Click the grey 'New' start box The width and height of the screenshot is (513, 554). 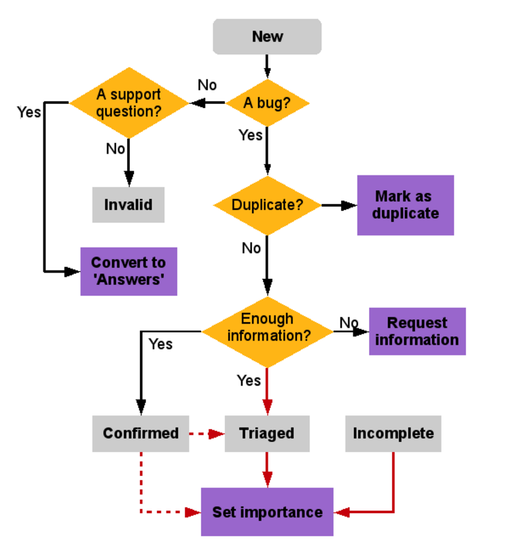[x=267, y=37]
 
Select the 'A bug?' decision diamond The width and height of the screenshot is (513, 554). [x=267, y=103]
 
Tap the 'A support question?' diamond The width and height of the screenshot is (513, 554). [x=128, y=103]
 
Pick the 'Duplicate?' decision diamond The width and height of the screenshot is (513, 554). [x=267, y=205]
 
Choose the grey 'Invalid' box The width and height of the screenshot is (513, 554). [x=128, y=205]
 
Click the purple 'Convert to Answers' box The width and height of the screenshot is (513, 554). [x=128, y=271]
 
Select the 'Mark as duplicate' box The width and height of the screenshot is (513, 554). [x=405, y=205]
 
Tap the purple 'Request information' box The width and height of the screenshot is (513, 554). [x=417, y=332]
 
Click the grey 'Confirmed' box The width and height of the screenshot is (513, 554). [x=141, y=434]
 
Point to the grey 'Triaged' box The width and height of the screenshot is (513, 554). [x=267, y=434]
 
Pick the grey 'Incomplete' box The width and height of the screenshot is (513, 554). [x=393, y=434]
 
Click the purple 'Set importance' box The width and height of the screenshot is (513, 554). [x=267, y=512]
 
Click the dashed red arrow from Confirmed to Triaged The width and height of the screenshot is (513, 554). [x=207, y=434]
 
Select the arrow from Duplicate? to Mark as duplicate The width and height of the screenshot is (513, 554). [x=339, y=205]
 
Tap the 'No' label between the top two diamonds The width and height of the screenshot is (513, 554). [x=207, y=86]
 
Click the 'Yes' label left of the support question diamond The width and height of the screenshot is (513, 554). [x=29, y=112]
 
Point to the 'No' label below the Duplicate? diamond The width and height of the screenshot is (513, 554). [x=251, y=249]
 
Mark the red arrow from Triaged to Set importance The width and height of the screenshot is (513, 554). [x=267, y=470]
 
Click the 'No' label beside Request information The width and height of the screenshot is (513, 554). [x=349, y=323]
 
